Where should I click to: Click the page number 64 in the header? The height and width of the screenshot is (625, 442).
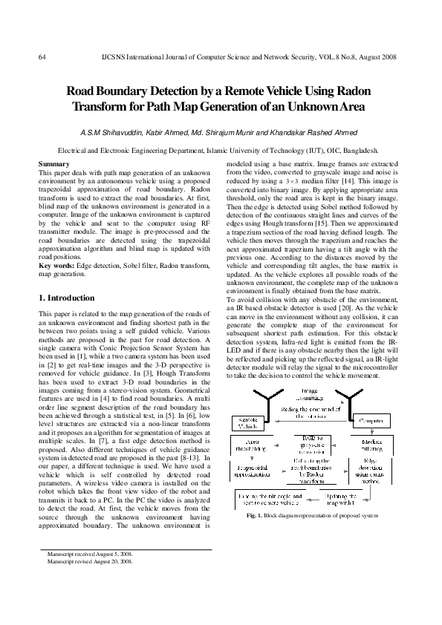[x=42, y=56]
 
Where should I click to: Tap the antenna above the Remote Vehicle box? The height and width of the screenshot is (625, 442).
[x=254, y=397]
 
